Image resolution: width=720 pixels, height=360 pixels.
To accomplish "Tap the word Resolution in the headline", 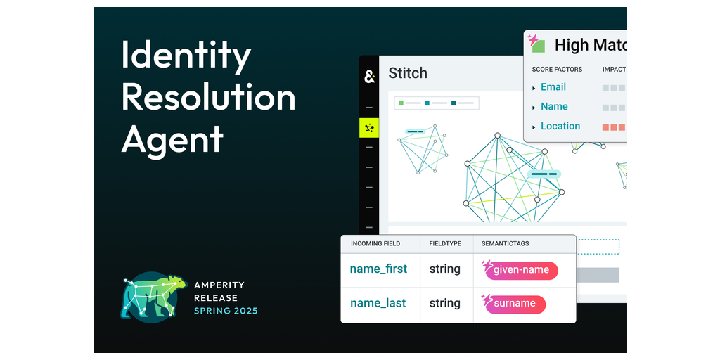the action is click(x=208, y=97).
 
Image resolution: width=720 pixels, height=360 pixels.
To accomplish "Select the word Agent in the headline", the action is click(x=172, y=139).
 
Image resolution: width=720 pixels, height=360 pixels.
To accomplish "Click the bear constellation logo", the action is click(x=153, y=297).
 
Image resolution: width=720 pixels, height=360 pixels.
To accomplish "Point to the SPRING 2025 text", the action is click(x=226, y=311).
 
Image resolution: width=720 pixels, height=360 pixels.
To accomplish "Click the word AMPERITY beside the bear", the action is click(x=219, y=285).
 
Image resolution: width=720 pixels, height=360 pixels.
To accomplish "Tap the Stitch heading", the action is click(x=408, y=73).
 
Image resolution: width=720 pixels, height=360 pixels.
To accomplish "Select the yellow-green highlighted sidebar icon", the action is click(x=368, y=128).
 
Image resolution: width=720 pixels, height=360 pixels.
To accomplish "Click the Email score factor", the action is click(x=553, y=87).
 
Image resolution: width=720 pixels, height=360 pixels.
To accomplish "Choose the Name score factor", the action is click(x=554, y=107).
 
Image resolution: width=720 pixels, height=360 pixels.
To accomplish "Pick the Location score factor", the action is click(x=560, y=127).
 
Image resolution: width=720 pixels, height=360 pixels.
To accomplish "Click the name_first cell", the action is click(x=378, y=269).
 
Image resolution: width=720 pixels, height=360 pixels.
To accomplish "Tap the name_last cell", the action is click(x=378, y=304).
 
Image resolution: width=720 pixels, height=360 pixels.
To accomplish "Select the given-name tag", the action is click(x=521, y=270).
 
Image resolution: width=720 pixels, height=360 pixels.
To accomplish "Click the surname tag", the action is click(x=515, y=304).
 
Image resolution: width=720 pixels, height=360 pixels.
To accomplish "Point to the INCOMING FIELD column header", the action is click(x=375, y=244).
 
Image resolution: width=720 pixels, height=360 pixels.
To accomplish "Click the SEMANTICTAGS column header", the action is click(x=505, y=244).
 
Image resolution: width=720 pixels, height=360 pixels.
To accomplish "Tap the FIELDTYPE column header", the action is click(x=445, y=244).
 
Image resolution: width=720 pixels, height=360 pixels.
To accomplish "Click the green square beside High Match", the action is click(x=538, y=46).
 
